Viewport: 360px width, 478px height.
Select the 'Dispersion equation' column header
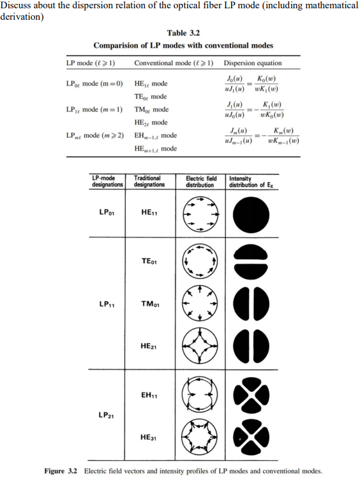253,63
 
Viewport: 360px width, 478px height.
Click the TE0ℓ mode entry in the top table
151,96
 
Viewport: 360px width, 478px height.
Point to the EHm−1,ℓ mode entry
156,135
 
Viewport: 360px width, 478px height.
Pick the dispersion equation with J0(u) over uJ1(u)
252,83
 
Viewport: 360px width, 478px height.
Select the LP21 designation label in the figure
108,415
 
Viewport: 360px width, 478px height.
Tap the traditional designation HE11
150,213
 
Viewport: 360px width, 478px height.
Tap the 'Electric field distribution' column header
200,181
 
